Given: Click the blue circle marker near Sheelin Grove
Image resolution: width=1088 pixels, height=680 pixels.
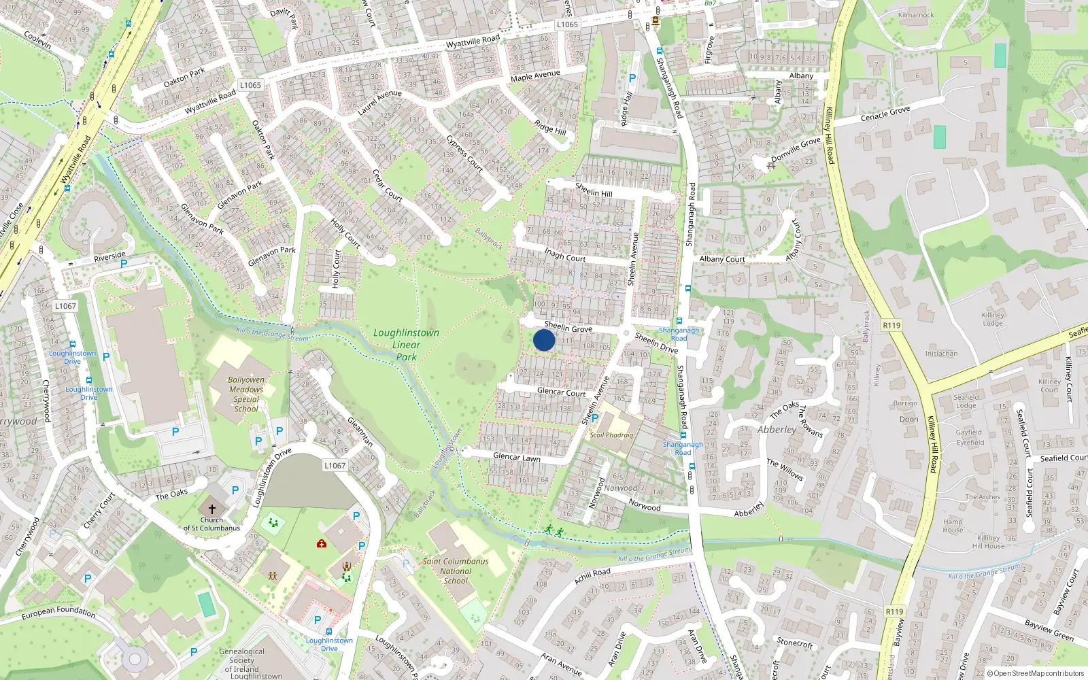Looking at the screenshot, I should [x=544, y=340].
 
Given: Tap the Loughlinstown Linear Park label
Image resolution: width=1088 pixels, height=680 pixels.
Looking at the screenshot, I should [x=406, y=344].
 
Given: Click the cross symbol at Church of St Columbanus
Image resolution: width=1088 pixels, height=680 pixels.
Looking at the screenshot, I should [x=211, y=509].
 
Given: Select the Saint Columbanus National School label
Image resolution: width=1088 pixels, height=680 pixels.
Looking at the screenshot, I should [x=456, y=571].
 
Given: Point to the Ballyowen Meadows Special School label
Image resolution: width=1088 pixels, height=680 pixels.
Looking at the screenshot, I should [x=246, y=394].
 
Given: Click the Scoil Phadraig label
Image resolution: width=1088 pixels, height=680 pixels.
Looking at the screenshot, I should [x=611, y=435].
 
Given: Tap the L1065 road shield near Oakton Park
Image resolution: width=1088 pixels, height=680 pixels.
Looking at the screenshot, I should [x=250, y=85].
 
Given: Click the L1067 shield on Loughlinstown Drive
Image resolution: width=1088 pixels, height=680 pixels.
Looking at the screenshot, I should [x=335, y=465].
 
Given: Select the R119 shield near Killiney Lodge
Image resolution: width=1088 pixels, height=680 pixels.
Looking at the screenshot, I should [x=891, y=325].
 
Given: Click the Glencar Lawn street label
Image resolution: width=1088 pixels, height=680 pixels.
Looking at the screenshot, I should [x=517, y=457].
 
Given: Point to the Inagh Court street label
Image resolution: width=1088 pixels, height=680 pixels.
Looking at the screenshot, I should [x=564, y=255].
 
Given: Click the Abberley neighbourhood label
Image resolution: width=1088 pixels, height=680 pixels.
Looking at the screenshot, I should [x=777, y=430].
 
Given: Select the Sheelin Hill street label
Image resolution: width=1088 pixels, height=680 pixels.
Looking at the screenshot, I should [x=594, y=190].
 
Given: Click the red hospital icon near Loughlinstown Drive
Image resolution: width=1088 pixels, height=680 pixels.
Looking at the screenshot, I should [x=322, y=543].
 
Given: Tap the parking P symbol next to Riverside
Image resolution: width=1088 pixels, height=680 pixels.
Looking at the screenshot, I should [x=124, y=264].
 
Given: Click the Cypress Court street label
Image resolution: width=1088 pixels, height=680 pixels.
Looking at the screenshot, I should [x=464, y=154].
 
